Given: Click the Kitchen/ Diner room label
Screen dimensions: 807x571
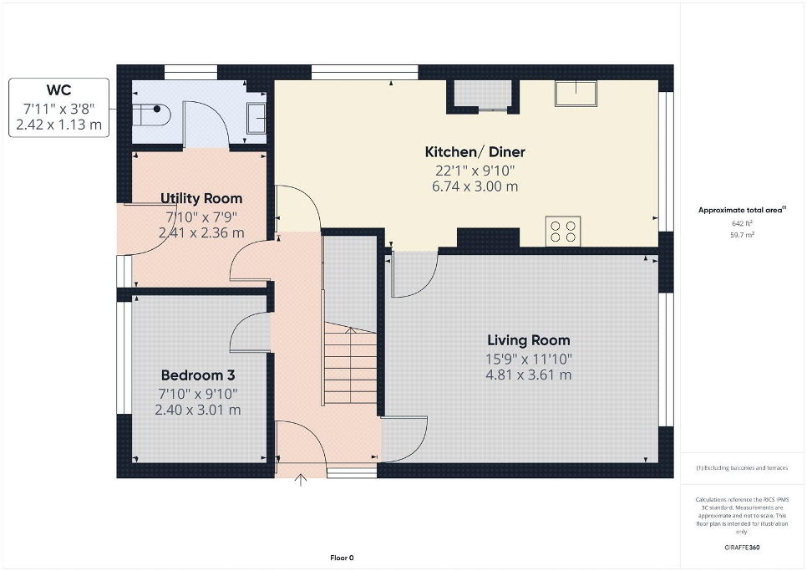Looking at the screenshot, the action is [475, 152].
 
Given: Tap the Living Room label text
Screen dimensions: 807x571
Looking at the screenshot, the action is [529, 340].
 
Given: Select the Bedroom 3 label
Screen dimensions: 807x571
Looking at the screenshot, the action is [198, 375].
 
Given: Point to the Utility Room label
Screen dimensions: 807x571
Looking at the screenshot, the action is [201, 198].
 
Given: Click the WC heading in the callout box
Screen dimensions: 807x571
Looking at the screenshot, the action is [58, 90].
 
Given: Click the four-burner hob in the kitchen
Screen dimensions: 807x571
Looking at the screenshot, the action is [563, 232].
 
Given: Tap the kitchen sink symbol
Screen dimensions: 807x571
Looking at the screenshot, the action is [576, 94].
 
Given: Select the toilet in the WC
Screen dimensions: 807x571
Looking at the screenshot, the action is [151, 115].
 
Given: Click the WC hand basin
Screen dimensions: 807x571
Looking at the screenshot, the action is [256, 119].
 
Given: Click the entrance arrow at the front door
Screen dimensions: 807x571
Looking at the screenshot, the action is [301, 480].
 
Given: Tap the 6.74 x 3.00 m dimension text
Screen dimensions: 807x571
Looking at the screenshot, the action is [475, 186].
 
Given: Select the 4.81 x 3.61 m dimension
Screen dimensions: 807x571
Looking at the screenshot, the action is [529, 375].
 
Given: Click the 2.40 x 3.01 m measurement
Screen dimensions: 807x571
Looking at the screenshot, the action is [198, 410].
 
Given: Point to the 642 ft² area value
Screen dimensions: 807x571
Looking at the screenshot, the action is [742, 223].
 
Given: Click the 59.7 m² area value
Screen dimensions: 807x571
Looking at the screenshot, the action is [743, 235].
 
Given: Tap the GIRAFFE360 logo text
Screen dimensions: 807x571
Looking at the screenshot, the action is [742, 548].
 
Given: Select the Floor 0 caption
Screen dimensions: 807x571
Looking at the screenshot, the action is [342, 558].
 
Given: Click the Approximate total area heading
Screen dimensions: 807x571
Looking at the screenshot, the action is [742, 210].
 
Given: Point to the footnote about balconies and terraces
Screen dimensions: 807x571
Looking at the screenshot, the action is [742, 468].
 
